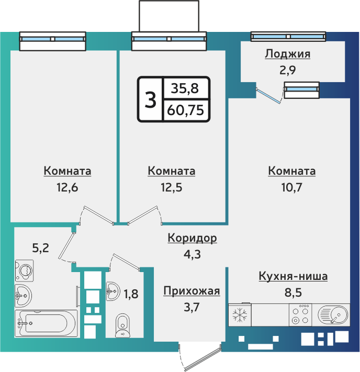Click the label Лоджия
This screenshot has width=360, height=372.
287,54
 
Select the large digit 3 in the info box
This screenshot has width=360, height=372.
150,99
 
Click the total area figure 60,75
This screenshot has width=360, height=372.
185,110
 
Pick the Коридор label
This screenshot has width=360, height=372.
192,239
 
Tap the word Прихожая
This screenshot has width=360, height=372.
192,291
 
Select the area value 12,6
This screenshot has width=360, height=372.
67,187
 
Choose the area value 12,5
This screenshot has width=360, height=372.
171,187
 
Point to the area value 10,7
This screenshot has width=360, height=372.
291,187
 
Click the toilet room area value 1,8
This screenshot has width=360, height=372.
131,294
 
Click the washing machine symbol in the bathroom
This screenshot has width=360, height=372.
24,271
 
